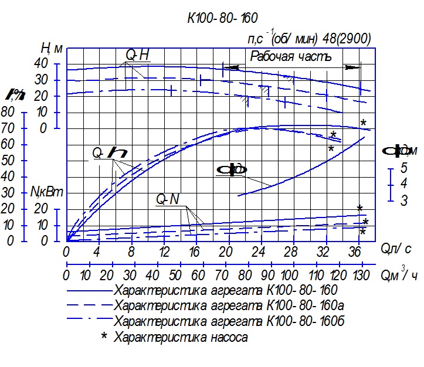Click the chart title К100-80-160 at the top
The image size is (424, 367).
222,18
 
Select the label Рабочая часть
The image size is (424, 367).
291,57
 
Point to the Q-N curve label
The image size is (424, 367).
167,199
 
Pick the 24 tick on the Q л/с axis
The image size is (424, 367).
259,252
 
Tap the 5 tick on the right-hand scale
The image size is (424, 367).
404,168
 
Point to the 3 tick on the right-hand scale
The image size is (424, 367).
404,201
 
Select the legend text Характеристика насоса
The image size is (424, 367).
181,337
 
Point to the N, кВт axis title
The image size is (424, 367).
46,192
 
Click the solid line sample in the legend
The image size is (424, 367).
89,290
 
